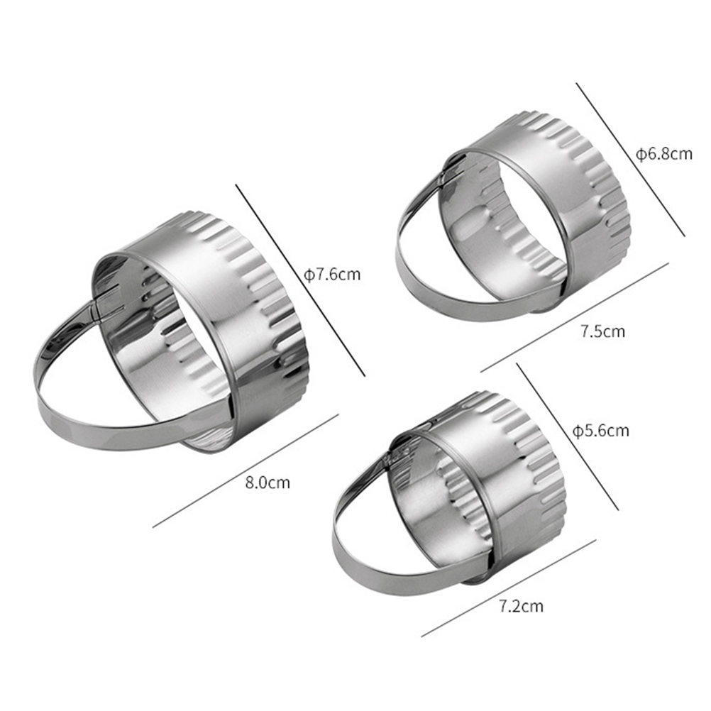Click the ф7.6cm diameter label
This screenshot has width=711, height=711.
tap(332, 275)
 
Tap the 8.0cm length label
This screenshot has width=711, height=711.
tap(268, 482)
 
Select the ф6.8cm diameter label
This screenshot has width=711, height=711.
tap(664, 154)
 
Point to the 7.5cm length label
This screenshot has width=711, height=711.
tap(602, 331)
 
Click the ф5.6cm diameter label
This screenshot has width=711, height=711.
tap(601, 430)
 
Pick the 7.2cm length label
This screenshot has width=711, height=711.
tap(521, 606)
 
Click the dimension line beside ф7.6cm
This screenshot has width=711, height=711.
tap(300, 280)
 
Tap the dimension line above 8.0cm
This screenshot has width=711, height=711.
tap(246, 470)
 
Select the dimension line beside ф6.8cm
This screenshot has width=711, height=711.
tap(630, 159)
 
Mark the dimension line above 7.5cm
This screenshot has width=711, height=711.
tap(575, 316)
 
